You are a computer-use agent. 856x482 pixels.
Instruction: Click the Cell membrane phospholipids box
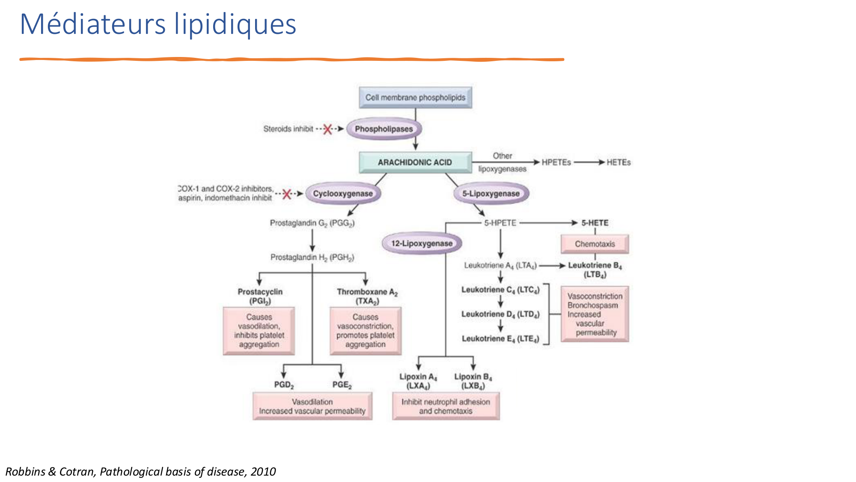(415, 98)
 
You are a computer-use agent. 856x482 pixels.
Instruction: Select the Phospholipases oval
(384, 129)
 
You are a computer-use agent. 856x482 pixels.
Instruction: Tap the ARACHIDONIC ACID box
(415, 162)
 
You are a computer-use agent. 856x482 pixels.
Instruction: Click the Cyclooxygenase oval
(343, 194)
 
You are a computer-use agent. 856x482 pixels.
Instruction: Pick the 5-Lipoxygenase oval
(491, 194)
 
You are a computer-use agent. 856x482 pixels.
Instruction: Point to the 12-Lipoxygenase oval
(422, 243)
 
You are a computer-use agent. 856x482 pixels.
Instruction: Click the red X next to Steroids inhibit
(327, 129)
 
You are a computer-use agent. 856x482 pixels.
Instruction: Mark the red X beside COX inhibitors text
(287, 194)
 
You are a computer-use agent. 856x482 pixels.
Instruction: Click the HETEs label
(618, 162)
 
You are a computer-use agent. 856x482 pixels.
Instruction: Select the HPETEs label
(556, 162)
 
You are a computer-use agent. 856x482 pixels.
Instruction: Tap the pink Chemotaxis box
(595, 244)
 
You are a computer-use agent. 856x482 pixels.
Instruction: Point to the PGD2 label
(284, 385)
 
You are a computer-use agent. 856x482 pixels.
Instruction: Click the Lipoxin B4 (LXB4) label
(473, 381)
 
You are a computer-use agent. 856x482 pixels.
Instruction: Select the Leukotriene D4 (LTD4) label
(500, 314)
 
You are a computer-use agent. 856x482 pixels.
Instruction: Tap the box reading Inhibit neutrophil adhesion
(446, 406)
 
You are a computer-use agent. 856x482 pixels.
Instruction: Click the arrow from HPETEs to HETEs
(589, 162)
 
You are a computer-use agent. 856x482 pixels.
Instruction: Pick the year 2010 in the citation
(263, 472)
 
